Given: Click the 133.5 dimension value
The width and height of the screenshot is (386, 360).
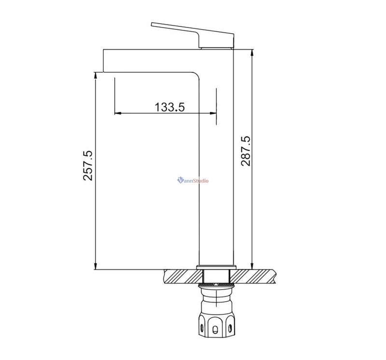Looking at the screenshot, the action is click(x=170, y=107).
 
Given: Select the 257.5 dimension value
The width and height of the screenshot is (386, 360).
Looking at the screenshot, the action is click(x=88, y=165).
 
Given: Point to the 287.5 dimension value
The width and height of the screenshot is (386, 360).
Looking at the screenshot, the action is click(x=246, y=151).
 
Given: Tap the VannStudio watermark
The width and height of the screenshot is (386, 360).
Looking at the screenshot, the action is click(x=193, y=181).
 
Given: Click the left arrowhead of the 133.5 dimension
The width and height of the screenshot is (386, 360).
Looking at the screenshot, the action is click(x=118, y=113).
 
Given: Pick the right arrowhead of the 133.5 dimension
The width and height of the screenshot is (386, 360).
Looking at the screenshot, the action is click(x=213, y=113).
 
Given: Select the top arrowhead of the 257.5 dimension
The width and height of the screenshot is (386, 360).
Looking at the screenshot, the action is click(x=96, y=75).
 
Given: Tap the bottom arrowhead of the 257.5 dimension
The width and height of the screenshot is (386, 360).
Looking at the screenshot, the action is click(x=96, y=267).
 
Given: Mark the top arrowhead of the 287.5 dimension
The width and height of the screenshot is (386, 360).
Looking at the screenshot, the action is click(x=252, y=53).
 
